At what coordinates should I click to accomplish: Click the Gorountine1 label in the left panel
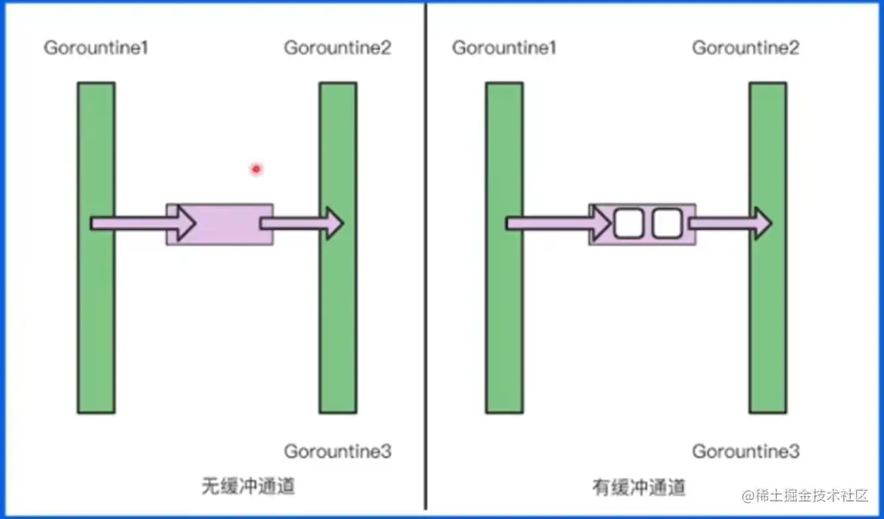coord(97,48)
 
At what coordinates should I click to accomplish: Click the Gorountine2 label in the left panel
coord(337,48)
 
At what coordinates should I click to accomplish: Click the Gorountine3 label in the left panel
coord(337,452)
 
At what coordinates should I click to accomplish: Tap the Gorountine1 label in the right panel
coord(504,48)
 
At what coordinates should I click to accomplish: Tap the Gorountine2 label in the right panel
coord(746,48)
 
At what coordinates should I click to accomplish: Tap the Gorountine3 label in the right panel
coord(746,452)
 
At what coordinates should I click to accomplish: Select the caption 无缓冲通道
coord(248,486)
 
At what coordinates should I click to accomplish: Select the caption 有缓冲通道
coord(639,487)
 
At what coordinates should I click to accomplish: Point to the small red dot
coord(256,169)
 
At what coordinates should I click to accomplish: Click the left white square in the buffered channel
coord(626,224)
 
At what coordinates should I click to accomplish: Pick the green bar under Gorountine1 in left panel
coord(96,316)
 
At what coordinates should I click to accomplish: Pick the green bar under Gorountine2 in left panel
coord(338,316)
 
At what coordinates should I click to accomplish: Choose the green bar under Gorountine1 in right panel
coord(504,316)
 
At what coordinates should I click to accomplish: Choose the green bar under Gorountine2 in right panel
coord(768,316)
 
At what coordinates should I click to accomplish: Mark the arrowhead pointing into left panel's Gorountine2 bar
coord(334,224)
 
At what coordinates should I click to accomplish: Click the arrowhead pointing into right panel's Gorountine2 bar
coord(762,224)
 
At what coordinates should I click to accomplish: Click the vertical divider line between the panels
coord(426,261)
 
